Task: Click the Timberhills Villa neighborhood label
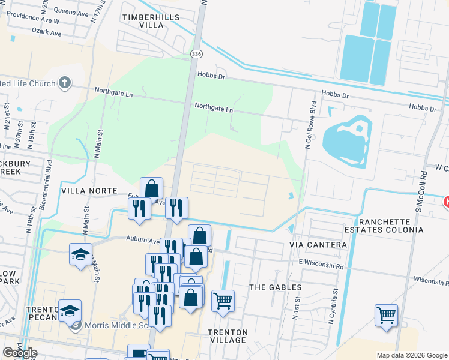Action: point(151,22)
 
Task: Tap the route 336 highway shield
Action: point(197,54)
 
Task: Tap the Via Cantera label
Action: point(318,245)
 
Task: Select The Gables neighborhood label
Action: point(276,287)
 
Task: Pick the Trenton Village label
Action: point(227,336)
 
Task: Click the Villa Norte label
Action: point(89,190)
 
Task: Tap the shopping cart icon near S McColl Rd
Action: point(386,314)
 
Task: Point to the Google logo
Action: point(20,353)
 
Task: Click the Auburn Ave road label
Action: point(142,238)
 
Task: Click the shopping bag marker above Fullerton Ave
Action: point(152,188)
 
